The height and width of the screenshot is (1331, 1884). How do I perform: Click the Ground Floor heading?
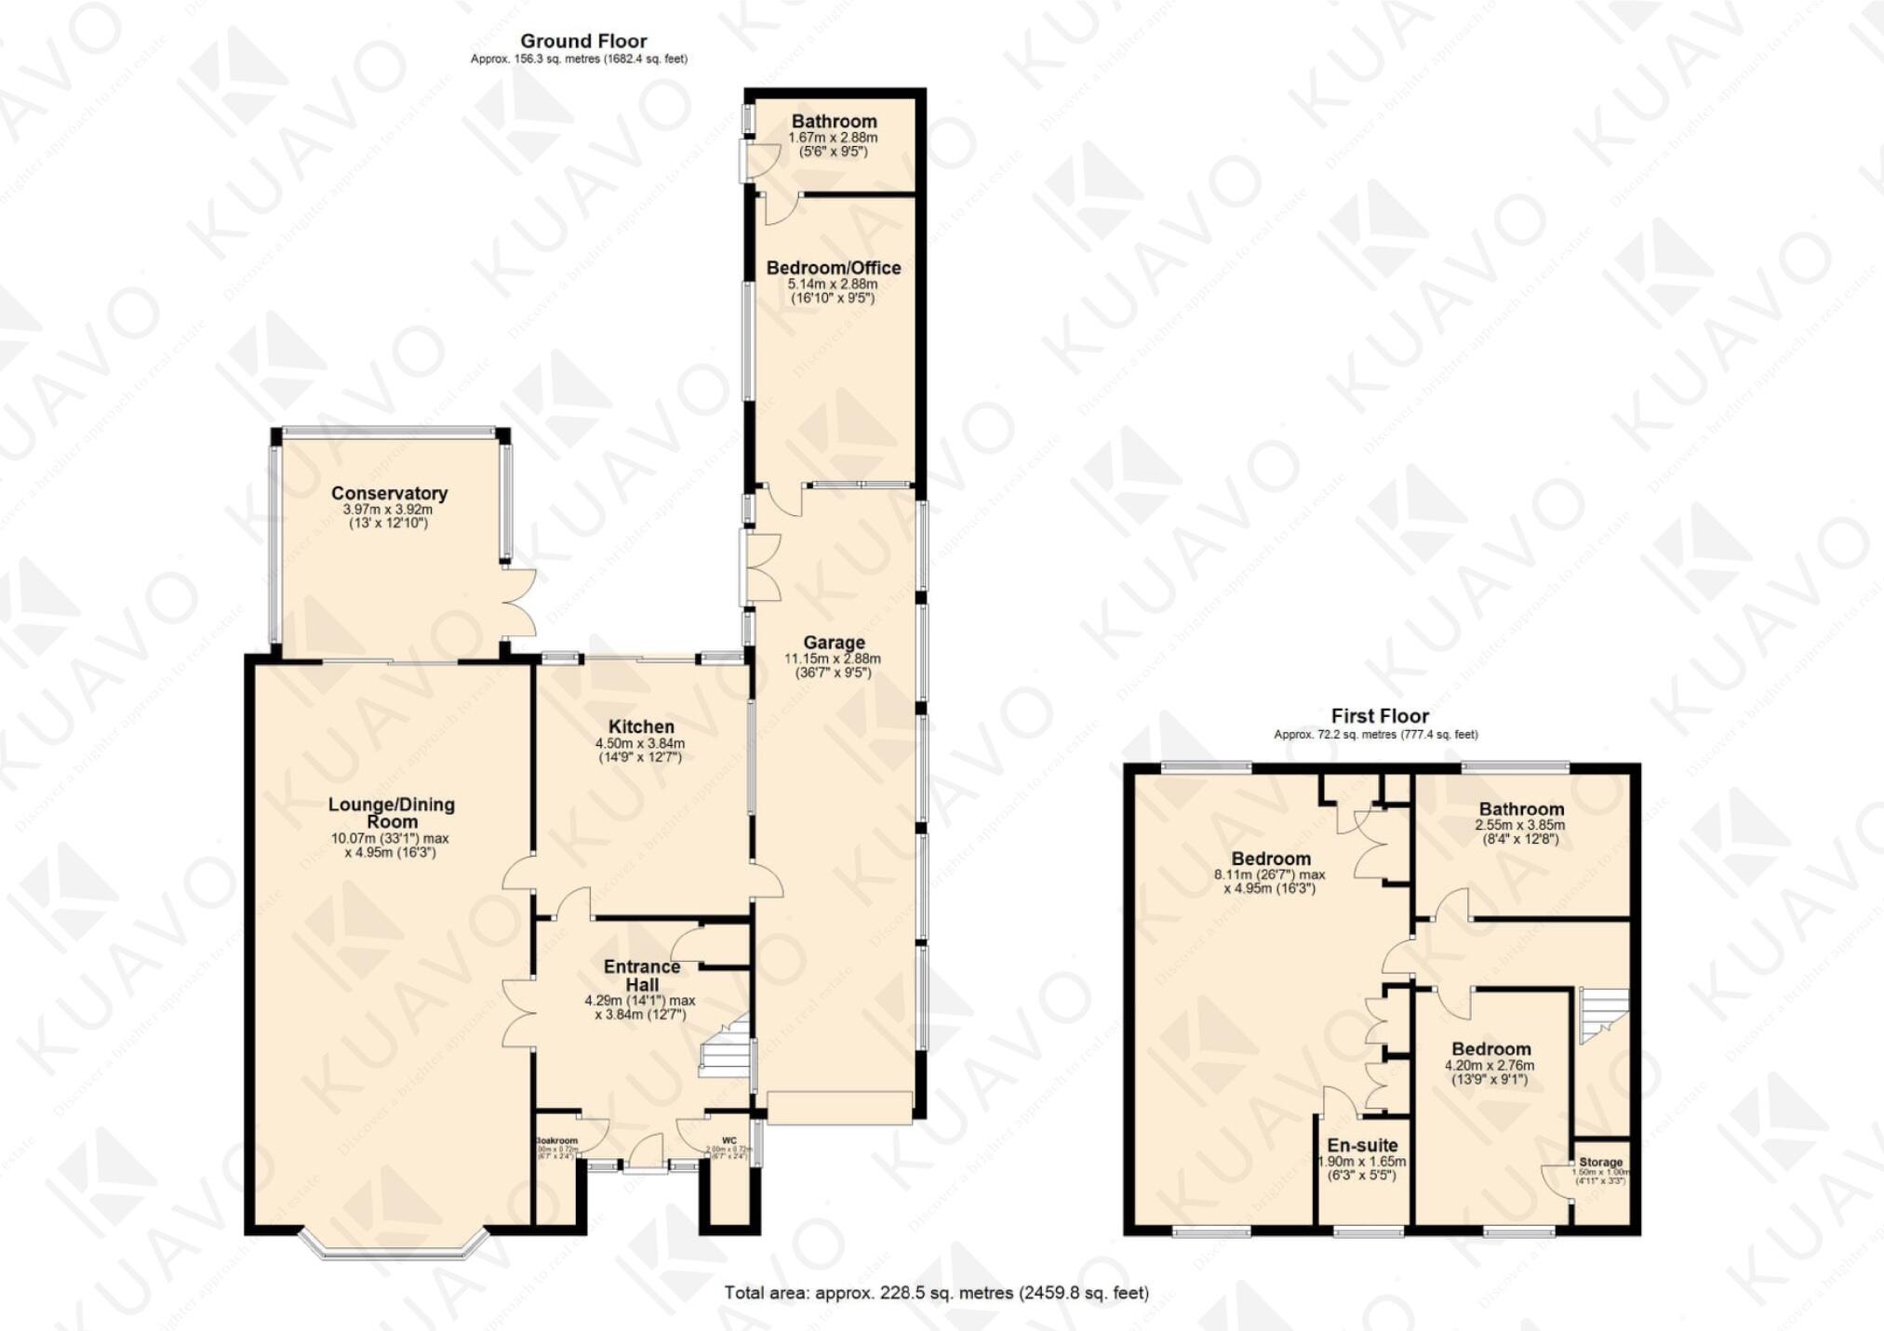[583, 41]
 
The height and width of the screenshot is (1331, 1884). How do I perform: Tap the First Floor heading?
[1379, 716]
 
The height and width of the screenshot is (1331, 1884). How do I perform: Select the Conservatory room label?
[389, 493]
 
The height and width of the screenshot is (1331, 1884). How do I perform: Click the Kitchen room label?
[641, 726]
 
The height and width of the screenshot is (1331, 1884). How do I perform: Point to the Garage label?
[834, 642]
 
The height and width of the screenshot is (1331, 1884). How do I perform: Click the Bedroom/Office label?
[833, 268]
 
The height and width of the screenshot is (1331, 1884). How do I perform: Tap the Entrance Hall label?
[641, 975]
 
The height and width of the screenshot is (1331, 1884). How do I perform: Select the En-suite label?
[1361, 1145]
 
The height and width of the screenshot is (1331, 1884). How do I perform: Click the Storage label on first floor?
[1600, 1163]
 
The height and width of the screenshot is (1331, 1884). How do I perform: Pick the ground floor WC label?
[728, 1141]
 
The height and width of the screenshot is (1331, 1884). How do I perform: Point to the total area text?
[936, 1293]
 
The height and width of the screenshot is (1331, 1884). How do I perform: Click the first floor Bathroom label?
[1520, 809]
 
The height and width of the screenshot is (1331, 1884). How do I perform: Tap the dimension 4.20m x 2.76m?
[1489, 1066]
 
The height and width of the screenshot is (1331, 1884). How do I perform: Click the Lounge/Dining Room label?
[391, 813]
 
